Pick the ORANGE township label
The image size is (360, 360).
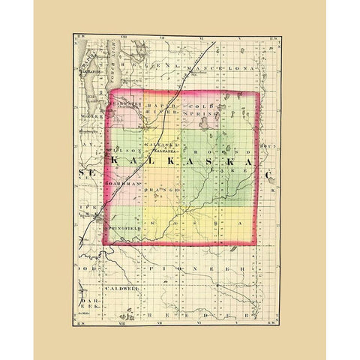pos(160,191)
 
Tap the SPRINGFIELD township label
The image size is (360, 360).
pos(124,223)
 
